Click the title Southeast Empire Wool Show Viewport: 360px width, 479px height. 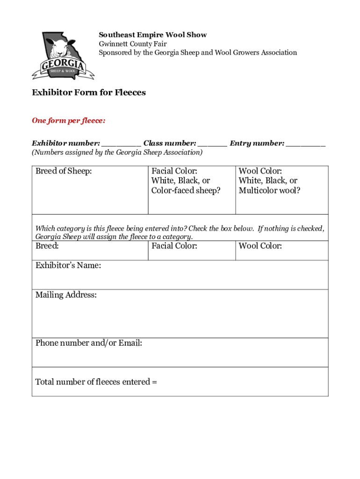pyautogui.click(x=152, y=35)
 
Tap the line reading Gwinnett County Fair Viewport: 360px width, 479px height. pyautogui.click(x=132, y=44)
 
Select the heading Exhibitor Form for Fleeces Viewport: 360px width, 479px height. pyautogui.click(x=89, y=93)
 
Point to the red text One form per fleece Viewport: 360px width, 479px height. pyautogui.click(x=69, y=121)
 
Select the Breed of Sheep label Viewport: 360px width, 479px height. pyautogui.click(x=64, y=171)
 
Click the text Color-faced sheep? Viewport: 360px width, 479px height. pyautogui.click(x=186, y=190)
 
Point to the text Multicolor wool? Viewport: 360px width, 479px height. pyautogui.click(x=269, y=190)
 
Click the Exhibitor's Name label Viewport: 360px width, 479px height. pyautogui.click(x=68, y=266)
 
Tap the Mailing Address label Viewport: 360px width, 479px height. pyautogui.click(x=66, y=295)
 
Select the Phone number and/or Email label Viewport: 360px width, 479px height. pyautogui.click(x=89, y=343)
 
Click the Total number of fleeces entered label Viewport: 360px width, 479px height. pyautogui.click(x=96, y=382)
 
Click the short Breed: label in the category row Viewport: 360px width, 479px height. pyautogui.click(x=47, y=246)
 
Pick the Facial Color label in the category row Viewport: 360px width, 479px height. pyautogui.click(x=174, y=246)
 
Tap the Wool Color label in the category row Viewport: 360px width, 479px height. pyautogui.click(x=260, y=246)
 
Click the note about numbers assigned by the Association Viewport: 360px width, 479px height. pyautogui.click(x=117, y=152)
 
